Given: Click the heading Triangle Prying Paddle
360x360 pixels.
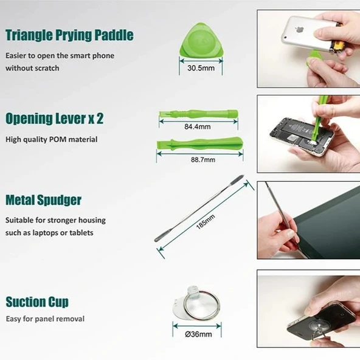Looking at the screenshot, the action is click(x=69, y=35).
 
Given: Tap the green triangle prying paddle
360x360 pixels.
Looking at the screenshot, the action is click(x=201, y=40).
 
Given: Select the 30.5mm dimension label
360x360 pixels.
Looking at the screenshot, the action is click(x=201, y=68).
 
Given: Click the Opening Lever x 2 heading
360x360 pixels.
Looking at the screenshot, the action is click(x=54, y=119).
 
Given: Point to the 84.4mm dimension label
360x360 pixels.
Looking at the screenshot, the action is click(x=198, y=126).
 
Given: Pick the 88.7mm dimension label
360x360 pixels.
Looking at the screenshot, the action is click(x=203, y=159).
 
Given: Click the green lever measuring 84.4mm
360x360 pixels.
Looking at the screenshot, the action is click(x=199, y=114).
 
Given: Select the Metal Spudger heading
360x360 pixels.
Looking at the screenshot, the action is click(x=43, y=200).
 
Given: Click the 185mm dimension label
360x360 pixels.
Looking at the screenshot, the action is click(x=206, y=221).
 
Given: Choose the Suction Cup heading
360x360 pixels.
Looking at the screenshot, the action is click(x=37, y=302).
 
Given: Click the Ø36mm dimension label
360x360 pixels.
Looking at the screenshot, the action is click(x=198, y=334).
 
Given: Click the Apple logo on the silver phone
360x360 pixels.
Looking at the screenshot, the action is click(x=300, y=29).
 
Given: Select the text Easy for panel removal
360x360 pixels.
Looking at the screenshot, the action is click(x=45, y=319).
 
